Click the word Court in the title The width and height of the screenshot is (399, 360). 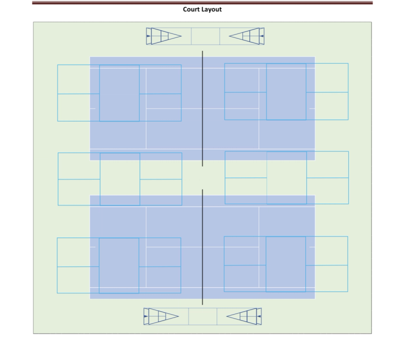[x=193, y=9]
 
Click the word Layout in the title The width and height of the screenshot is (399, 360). [x=211, y=9]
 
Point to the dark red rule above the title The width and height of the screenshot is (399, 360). [x=202, y=3]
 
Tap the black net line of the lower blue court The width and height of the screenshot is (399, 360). [x=202, y=247]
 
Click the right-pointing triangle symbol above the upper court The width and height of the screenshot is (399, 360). [x=165, y=36]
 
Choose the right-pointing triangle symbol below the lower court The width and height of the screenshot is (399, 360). [x=163, y=316]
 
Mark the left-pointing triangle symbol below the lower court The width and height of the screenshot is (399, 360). [x=243, y=316]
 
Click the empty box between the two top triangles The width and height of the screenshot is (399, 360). [x=205, y=36]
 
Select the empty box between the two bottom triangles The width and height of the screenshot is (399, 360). [x=203, y=316]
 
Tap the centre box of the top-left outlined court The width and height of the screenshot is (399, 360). [x=119, y=93]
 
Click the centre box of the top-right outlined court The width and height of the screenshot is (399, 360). [x=286, y=92]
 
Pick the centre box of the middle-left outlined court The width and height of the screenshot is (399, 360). [x=120, y=179]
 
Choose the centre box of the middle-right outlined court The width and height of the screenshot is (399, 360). [x=287, y=178]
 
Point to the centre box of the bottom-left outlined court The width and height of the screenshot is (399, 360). [x=119, y=266]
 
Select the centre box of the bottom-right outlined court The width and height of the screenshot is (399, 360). [x=286, y=264]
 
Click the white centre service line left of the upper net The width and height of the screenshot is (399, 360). [x=174, y=108]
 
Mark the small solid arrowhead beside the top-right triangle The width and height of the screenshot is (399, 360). [x=262, y=36]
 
